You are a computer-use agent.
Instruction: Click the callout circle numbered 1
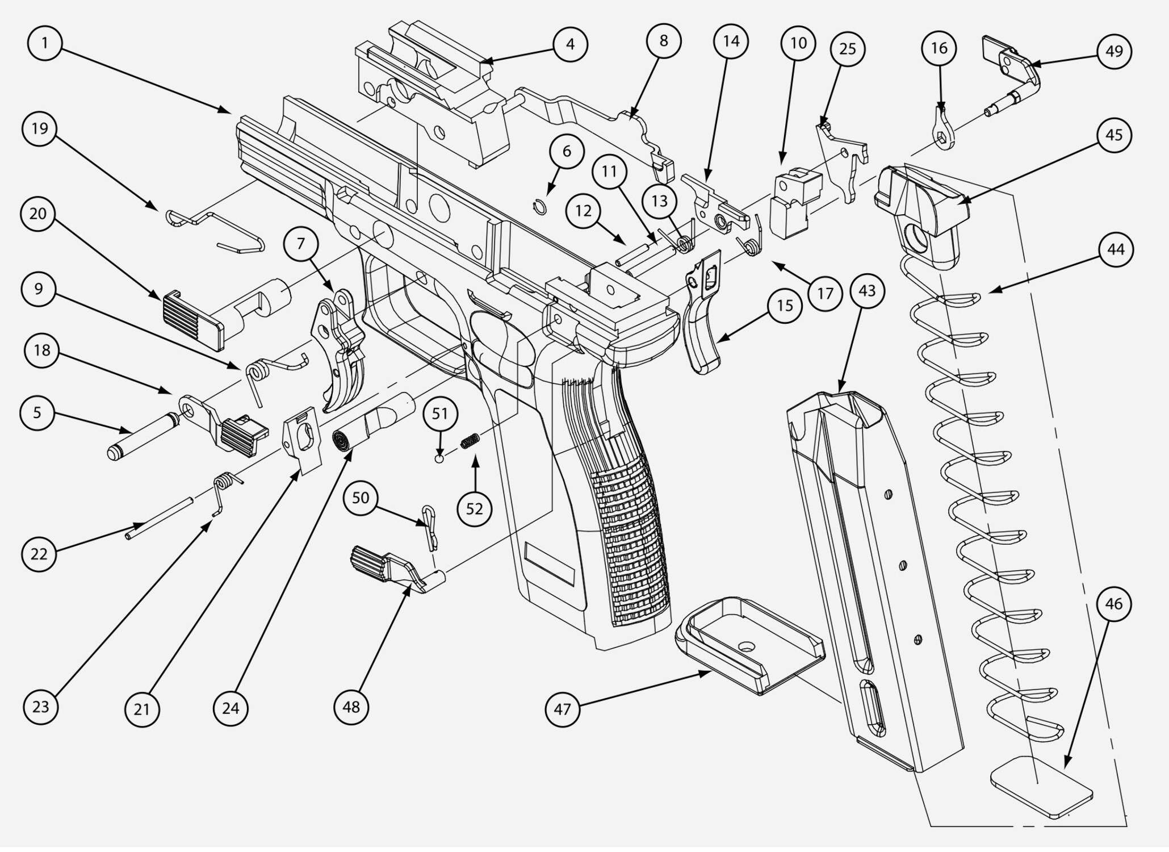pos(45,43)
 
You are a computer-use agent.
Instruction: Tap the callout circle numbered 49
pos(1114,51)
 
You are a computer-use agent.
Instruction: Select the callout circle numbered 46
pos(1113,604)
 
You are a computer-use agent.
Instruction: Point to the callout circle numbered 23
pos(40,707)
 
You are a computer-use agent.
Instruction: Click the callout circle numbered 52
pos(474,509)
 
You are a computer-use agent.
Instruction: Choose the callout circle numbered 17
pos(825,294)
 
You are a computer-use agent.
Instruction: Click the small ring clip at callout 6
pos(540,208)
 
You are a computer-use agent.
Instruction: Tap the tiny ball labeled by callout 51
pos(439,458)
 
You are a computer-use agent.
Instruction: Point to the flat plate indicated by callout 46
pos(1042,787)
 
